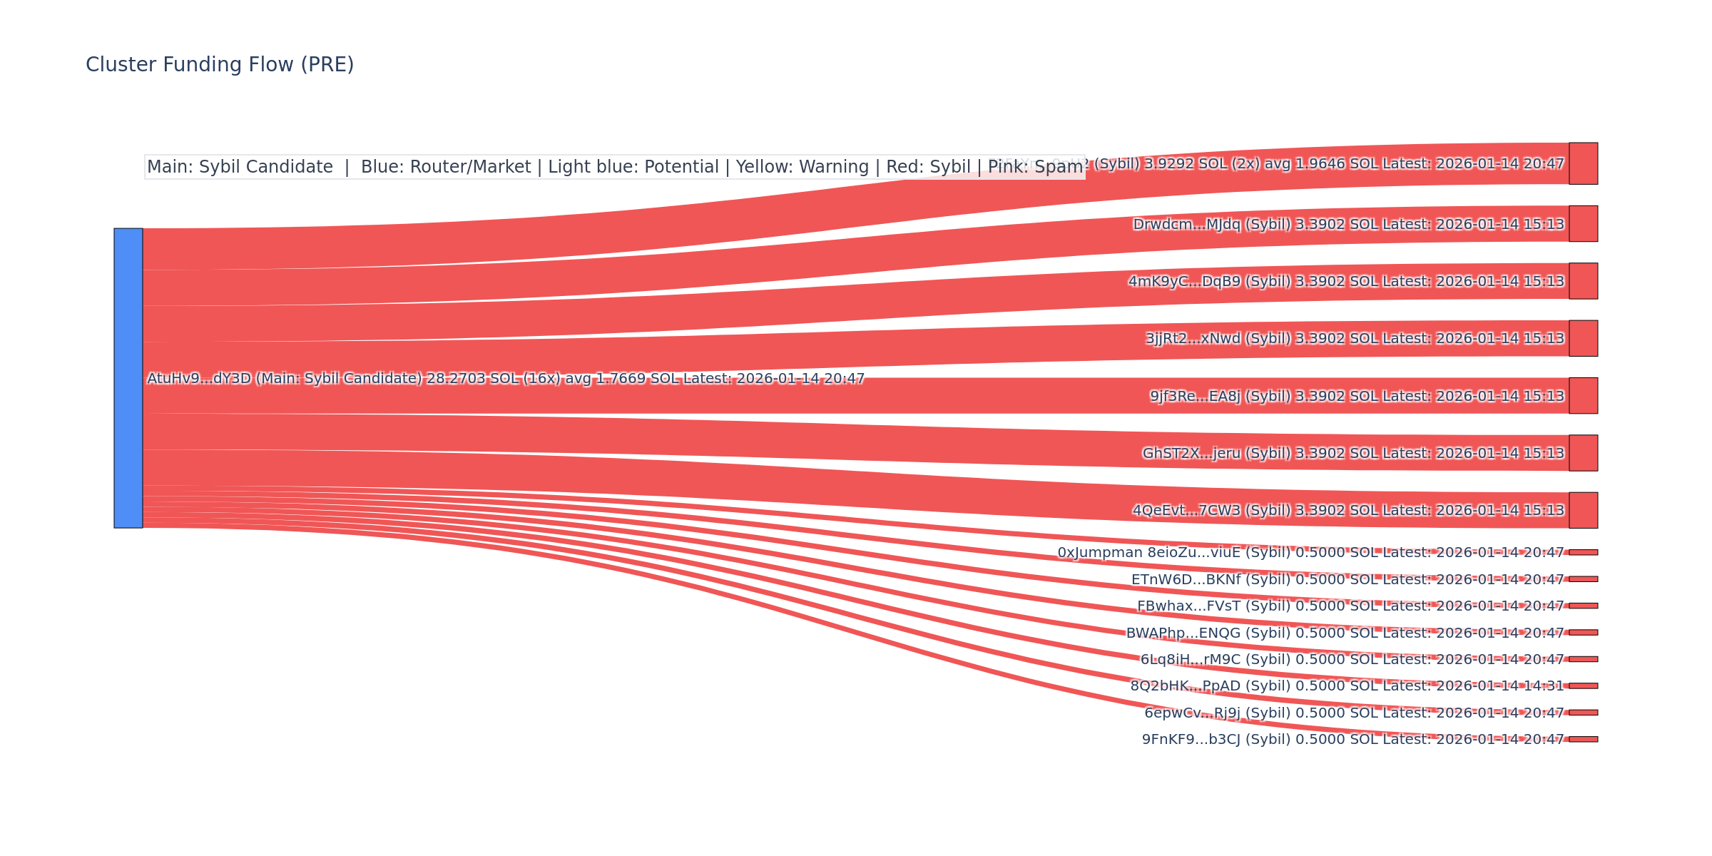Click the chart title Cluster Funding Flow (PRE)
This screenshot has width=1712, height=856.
tap(220, 65)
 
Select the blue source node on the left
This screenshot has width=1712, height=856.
tap(128, 378)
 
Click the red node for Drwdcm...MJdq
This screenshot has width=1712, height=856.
tap(1583, 224)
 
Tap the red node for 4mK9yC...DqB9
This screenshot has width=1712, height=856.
tap(1583, 281)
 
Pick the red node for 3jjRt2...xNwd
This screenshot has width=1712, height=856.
tap(1583, 338)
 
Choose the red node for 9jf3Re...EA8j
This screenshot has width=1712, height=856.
tap(1583, 396)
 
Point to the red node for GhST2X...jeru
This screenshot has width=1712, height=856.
tap(1583, 453)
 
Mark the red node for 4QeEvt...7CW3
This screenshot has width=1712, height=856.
tap(1583, 510)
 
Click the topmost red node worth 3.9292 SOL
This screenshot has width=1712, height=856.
tap(1583, 163)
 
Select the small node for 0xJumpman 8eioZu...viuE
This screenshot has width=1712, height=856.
tap(1583, 552)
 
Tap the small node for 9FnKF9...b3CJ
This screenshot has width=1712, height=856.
tap(1583, 739)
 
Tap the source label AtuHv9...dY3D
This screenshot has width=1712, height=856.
tap(199, 379)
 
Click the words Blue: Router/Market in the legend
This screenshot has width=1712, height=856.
tap(446, 167)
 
